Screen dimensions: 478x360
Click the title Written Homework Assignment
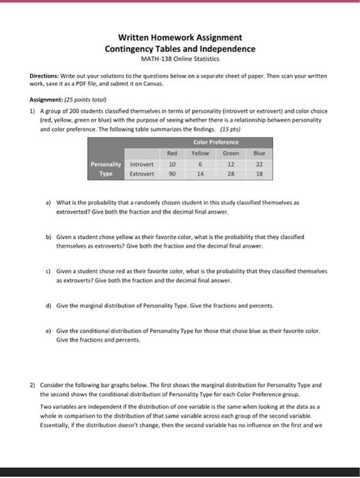coord(179,38)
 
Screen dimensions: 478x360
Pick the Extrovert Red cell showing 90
coord(172,174)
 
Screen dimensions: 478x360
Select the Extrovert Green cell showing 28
coord(231,174)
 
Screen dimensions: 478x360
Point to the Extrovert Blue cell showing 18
coord(259,174)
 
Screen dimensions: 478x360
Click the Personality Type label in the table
coord(105,169)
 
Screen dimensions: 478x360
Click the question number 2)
coord(31,385)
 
